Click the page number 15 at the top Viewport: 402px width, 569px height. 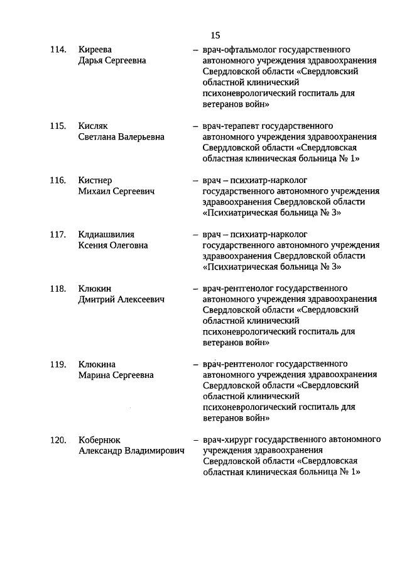click(215, 35)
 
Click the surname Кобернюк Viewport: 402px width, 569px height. click(100, 440)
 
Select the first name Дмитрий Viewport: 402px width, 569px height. click(97, 300)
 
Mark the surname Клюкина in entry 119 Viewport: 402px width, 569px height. click(97, 364)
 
